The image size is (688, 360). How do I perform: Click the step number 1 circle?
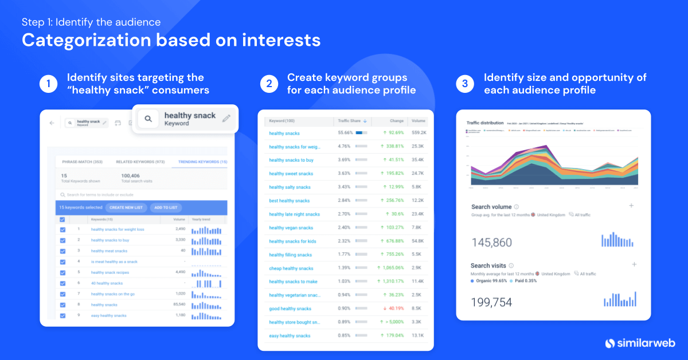coord(48,84)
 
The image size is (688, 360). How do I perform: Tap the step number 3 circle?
coord(465,84)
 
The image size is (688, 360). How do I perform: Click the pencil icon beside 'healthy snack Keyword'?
coord(226,118)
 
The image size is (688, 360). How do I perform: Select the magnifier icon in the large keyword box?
coord(148,119)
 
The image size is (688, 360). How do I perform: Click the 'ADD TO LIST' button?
coord(166,207)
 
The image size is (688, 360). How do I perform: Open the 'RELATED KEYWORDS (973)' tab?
coord(140,162)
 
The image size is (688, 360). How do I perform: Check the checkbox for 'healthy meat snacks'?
coord(62,251)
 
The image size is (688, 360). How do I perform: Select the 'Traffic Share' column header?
coord(350,121)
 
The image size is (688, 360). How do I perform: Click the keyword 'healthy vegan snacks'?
coord(291,228)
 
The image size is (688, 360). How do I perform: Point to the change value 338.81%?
coord(389,146)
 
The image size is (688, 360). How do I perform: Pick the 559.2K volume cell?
coord(418,133)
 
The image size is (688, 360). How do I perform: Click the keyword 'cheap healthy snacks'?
coord(291,268)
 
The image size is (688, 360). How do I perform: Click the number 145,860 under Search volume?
coord(491,242)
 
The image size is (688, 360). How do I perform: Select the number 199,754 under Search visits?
coord(491,302)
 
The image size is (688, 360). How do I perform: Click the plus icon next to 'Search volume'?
coord(631,206)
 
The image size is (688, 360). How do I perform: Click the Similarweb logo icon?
coord(611,343)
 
